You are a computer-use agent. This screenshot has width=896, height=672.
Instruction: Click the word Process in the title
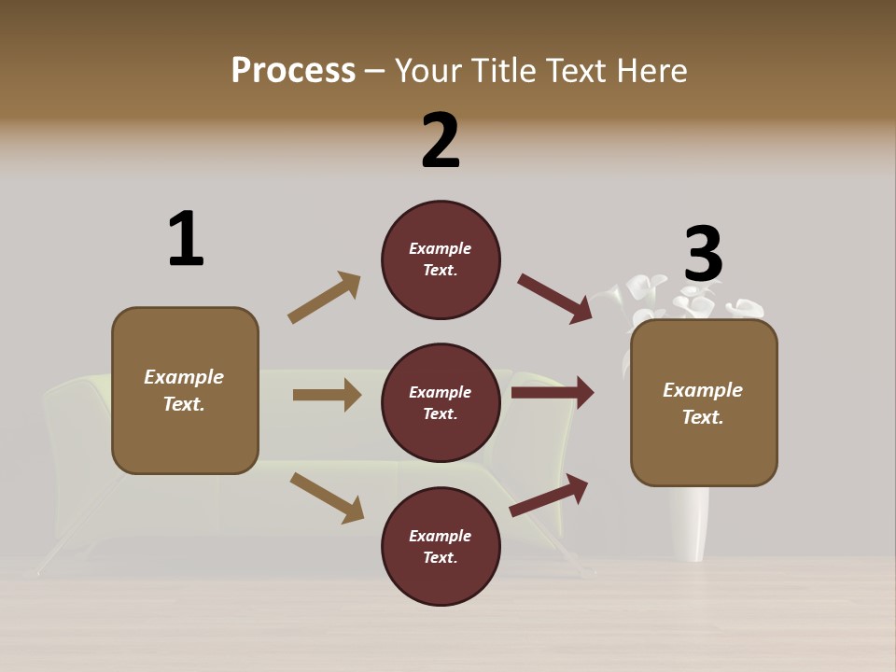[293, 71]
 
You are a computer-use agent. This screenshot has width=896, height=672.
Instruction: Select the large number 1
[186, 240]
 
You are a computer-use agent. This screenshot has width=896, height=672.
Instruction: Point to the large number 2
[441, 141]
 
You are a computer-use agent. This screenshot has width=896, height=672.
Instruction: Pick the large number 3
[703, 254]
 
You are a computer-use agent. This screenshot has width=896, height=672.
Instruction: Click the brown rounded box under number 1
[185, 390]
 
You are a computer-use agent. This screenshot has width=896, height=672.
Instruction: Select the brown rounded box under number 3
[704, 403]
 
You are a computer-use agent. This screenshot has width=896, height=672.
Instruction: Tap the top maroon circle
[441, 259]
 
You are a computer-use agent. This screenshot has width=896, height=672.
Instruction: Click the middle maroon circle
[441, 403]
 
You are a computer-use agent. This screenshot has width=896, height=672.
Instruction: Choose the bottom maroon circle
[441, 547]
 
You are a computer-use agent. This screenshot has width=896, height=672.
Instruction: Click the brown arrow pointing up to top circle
[324, 298]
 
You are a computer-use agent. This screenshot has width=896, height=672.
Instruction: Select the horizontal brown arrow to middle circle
[327, 395]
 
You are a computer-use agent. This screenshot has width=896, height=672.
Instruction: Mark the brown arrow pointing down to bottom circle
[327, 497]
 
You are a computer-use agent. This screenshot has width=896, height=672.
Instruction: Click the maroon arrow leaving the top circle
[554, 299]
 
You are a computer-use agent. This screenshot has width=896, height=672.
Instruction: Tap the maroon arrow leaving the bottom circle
[550, 495]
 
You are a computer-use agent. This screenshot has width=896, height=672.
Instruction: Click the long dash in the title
[375, 71]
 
